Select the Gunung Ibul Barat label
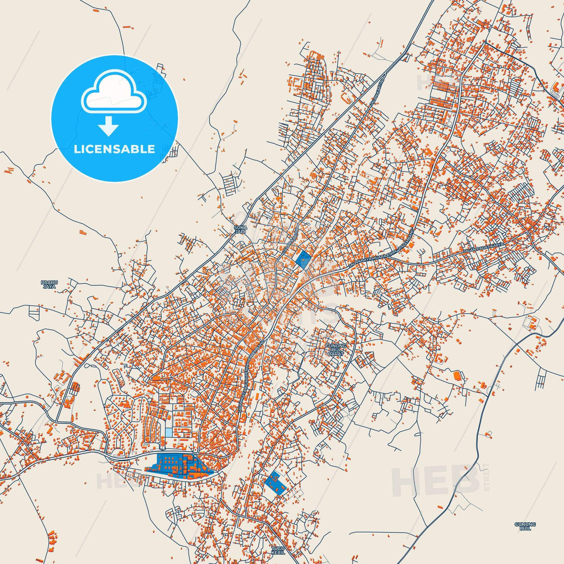335,349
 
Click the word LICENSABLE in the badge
114,149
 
